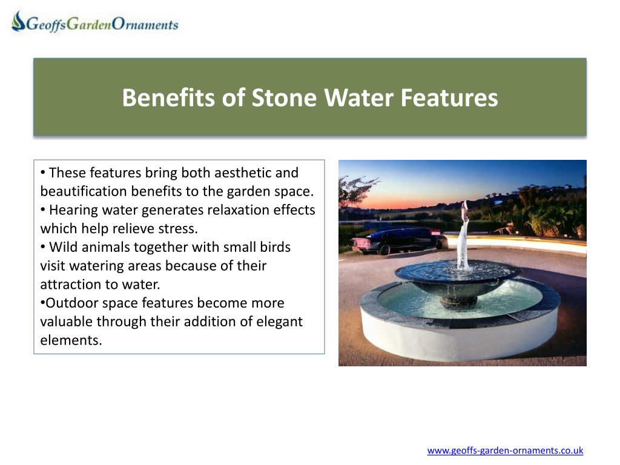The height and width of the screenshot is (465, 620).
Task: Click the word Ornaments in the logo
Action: coord(145,24)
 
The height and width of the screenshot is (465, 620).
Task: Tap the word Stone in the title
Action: coord(284,97)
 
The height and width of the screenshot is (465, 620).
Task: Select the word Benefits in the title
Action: coord(168,97)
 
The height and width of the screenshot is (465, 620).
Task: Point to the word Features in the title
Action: coord(449,97)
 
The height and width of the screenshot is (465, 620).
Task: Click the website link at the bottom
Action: coord(505,450)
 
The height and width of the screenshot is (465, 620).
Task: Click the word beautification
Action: coord(84,191)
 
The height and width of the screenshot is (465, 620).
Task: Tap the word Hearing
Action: coord(73,210)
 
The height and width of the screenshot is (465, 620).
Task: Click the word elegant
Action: coord(279,322)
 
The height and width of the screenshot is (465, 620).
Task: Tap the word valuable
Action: coord(67,322)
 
